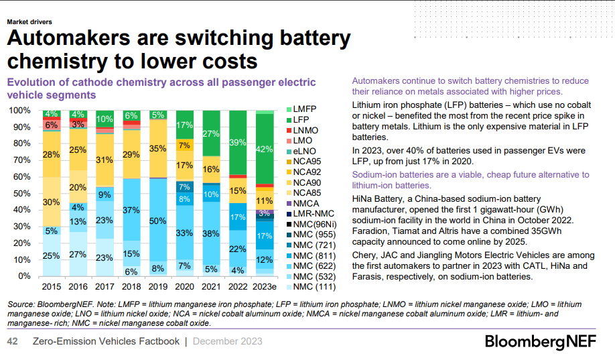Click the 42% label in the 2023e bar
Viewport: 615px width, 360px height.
265,149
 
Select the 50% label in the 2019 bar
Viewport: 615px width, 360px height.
157,221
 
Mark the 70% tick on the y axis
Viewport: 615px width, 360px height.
22,160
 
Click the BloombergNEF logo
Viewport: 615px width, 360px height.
545,342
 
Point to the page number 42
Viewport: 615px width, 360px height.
12,341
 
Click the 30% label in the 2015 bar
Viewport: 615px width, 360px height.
51,202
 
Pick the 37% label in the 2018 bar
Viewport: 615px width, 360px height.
131,210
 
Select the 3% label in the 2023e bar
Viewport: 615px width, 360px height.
265,213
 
